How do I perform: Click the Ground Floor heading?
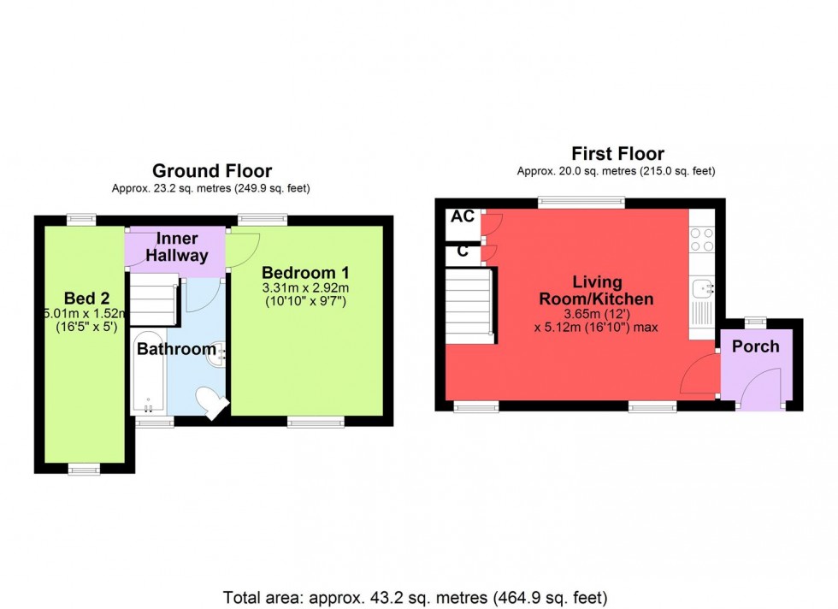coord(211,171)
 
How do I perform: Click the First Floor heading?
coord(617,154)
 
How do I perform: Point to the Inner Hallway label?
coord(176,247)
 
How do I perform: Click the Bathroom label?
coord(176,349)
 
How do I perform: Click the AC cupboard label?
coord(463,217)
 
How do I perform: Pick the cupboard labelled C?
coord(463,251)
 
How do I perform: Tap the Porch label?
coord(755,346)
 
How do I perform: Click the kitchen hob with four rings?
coord(701,239)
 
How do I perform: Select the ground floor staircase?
coord(152,301)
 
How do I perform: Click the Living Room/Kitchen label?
coord(595,291)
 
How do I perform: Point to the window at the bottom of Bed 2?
coord(84,468)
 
